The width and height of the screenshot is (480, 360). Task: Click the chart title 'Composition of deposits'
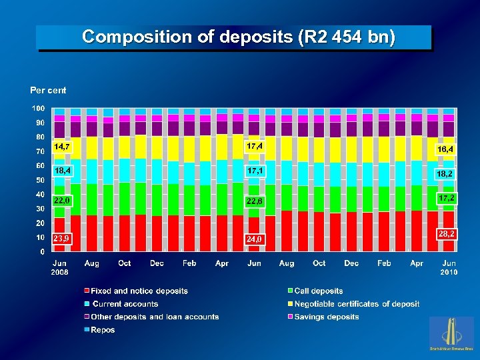(238, 37)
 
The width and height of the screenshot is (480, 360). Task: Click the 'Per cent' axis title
(48, 90)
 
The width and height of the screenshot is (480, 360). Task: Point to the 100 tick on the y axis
(38, 108)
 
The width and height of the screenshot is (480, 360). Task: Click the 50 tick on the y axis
(40, 180)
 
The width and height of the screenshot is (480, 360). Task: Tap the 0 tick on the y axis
(42, 252)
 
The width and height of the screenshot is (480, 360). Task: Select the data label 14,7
(63, 146)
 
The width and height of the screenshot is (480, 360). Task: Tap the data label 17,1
(255, 171)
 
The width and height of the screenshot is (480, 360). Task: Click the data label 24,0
(255, 239)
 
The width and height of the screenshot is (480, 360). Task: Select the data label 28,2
(446, 234)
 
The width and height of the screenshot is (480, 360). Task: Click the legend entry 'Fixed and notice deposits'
(139, 291)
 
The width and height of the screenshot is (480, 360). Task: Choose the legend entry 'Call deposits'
(318, 291)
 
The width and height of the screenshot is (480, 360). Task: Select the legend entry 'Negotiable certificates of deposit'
(357, 304)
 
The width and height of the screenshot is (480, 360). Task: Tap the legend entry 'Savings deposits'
(326, 317)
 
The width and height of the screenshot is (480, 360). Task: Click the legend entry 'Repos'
(103, 330)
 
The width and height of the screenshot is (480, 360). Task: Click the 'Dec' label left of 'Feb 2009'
(157, 263)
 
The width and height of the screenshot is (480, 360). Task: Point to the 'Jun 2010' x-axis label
(449, 268)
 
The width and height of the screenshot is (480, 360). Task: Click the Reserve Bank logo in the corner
(451, 333)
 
